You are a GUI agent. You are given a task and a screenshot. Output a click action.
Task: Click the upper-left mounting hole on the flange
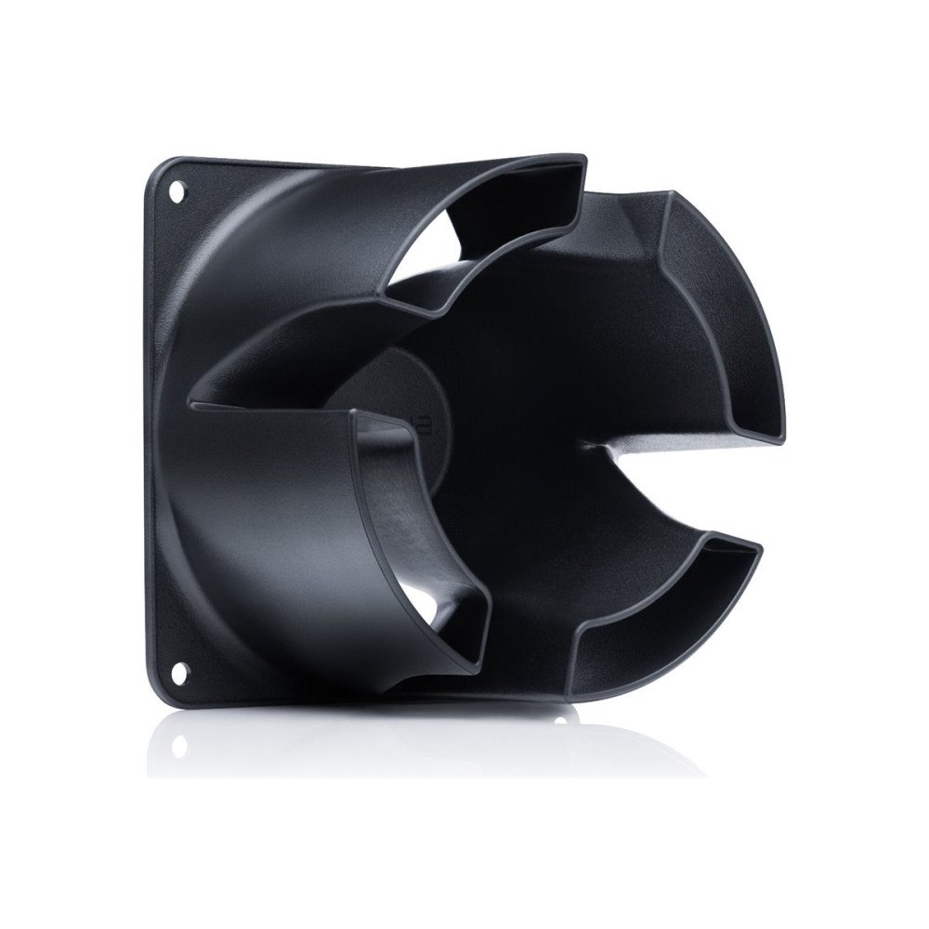pyautogui.click(x=177, y=195)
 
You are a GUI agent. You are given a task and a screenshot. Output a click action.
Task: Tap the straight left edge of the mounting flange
pyautogui.click(x=147, y=427)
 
